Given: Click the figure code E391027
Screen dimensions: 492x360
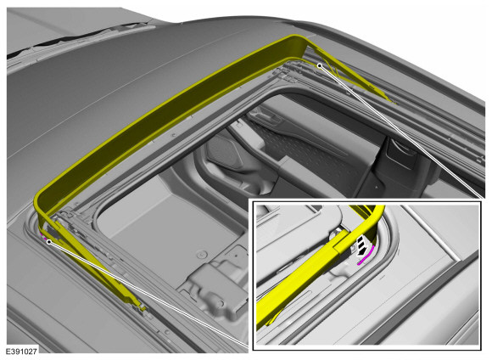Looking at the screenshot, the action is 21,352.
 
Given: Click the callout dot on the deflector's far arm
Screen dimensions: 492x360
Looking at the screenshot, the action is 320,65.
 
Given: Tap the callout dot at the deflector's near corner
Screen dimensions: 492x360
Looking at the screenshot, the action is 48,242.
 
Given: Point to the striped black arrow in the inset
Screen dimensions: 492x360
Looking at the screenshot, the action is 362,245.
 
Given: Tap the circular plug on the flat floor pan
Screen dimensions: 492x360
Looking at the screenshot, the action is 201,254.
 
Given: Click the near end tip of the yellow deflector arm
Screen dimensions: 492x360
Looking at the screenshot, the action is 143,308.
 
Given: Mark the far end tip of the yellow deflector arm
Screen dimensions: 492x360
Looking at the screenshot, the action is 392,101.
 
